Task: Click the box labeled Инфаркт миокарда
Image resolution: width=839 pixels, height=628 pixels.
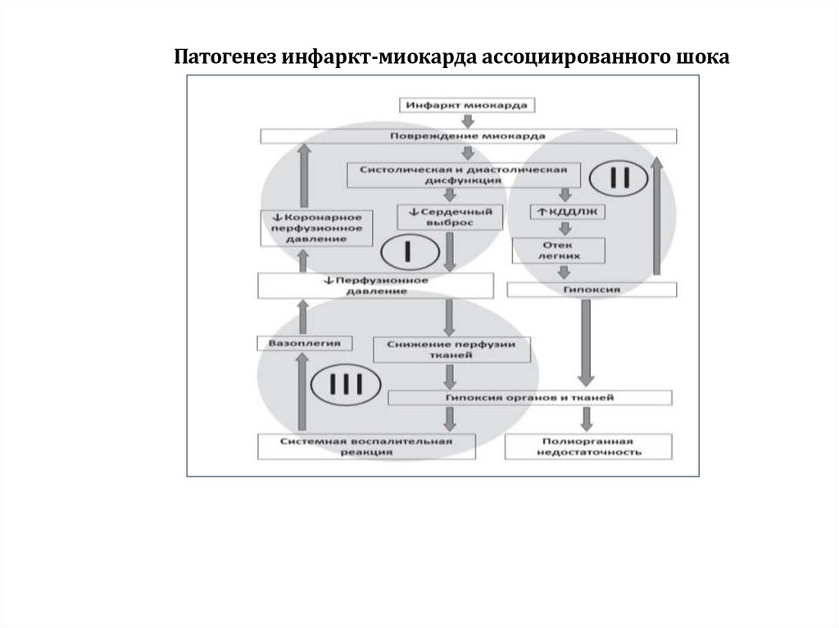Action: click(468, 105)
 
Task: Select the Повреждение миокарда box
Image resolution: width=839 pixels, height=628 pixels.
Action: click(468, 136)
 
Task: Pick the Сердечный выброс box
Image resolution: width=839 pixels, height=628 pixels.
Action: click(449, 216)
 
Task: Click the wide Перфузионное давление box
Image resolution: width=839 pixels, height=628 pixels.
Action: click(376, 285)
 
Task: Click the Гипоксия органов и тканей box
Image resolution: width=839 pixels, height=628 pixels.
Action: click(530, 397)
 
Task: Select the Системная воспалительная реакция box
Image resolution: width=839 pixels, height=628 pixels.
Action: click(366, 446)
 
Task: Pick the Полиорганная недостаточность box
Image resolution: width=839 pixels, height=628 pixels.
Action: click(589, 446)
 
